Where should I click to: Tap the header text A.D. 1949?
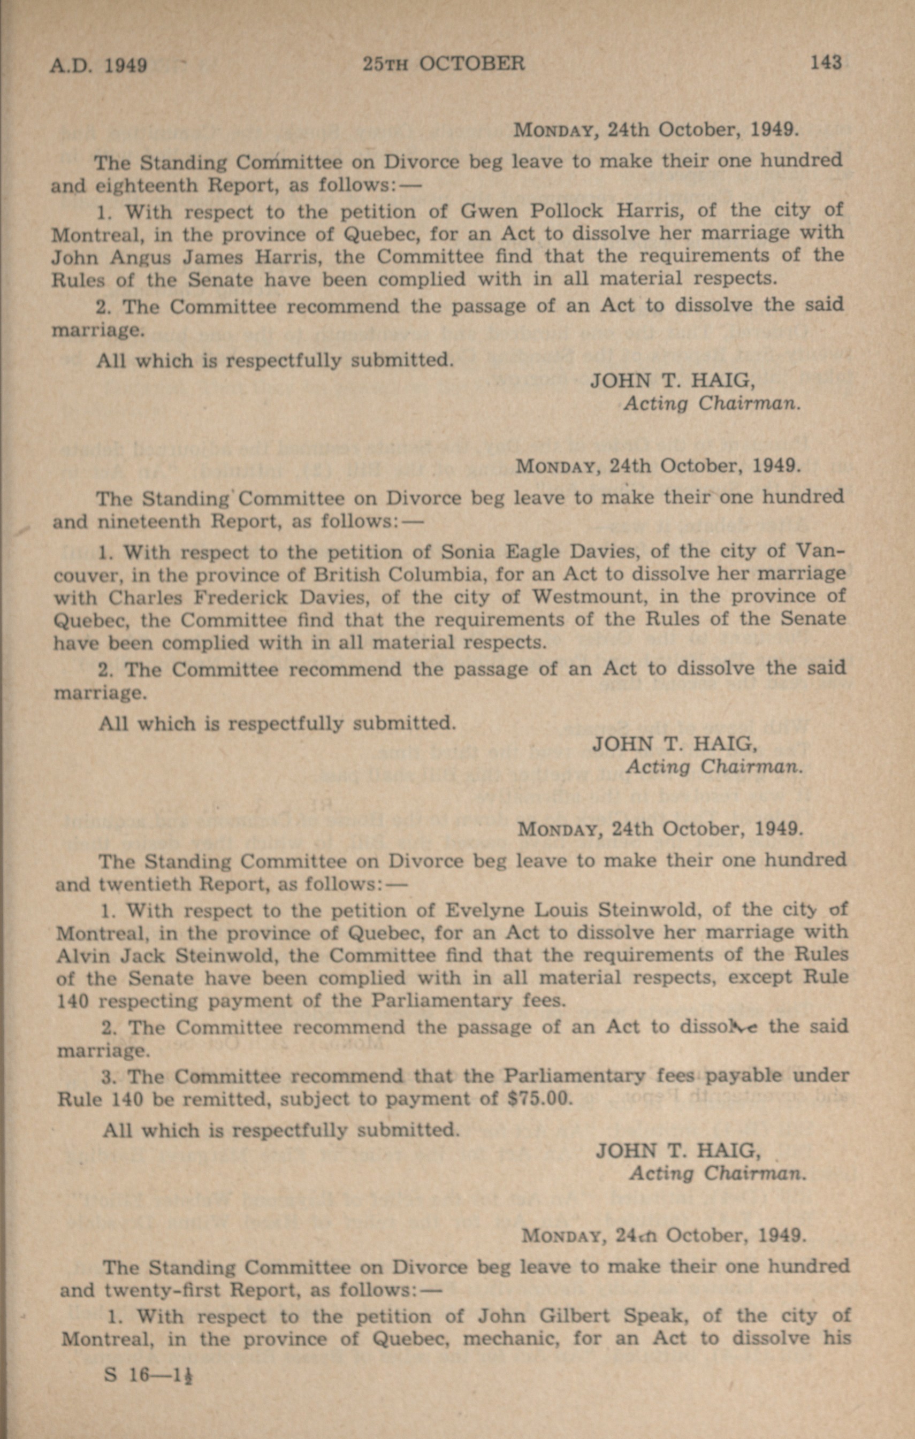pos(98,65)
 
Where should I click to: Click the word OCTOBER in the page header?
pos(471,63)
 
